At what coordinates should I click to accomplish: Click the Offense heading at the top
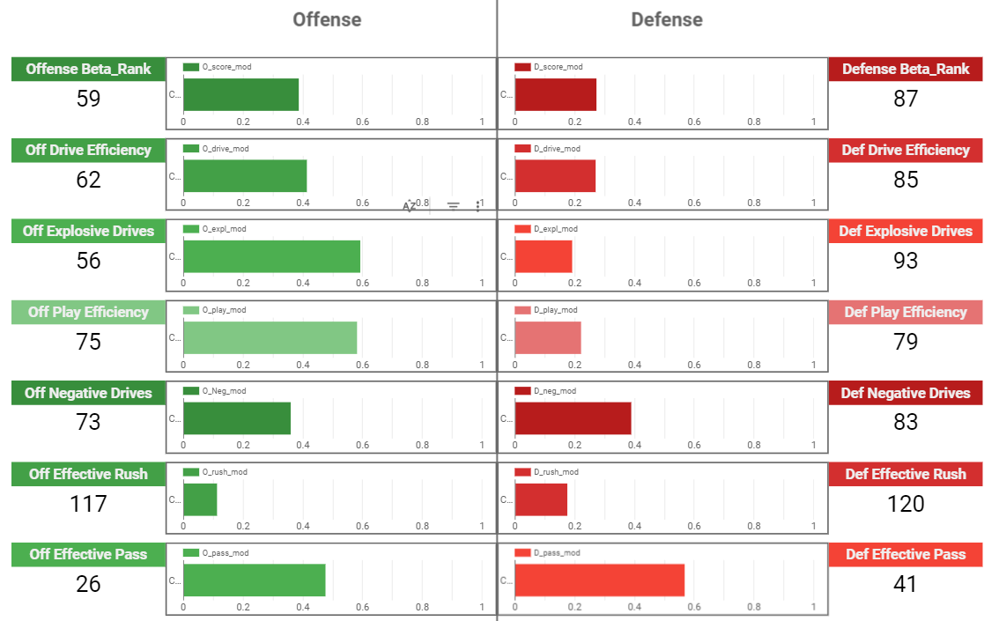click(x=327, y=19)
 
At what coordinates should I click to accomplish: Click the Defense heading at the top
click(x=667, y=19)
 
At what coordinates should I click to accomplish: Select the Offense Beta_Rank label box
click(x=88, y=69)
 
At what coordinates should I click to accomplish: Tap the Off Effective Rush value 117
click(x=88, y=504)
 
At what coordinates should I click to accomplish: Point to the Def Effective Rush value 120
click(x=906, y=504)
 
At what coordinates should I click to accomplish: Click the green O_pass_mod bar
click(x=254, y=580)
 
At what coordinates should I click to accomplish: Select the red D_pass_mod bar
click(x=599, y=580)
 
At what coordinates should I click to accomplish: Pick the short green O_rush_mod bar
click(x=200, y=499)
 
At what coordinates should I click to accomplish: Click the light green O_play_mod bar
click(x=270, y=337)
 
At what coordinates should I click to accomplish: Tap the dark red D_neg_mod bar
click(x=573, y=418)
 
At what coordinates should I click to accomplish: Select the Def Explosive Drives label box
click(x=906, y=231)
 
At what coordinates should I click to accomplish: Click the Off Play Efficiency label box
click(x=88, y=312)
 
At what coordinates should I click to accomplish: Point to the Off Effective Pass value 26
click(x=88, y=584)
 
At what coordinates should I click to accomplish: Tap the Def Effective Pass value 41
click(x=906, y=584)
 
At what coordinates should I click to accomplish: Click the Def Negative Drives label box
click(x=906, y=393)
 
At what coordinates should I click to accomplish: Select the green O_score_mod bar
click(x=240, y=94)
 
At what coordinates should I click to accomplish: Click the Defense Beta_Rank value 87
click(x=906, y=99)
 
